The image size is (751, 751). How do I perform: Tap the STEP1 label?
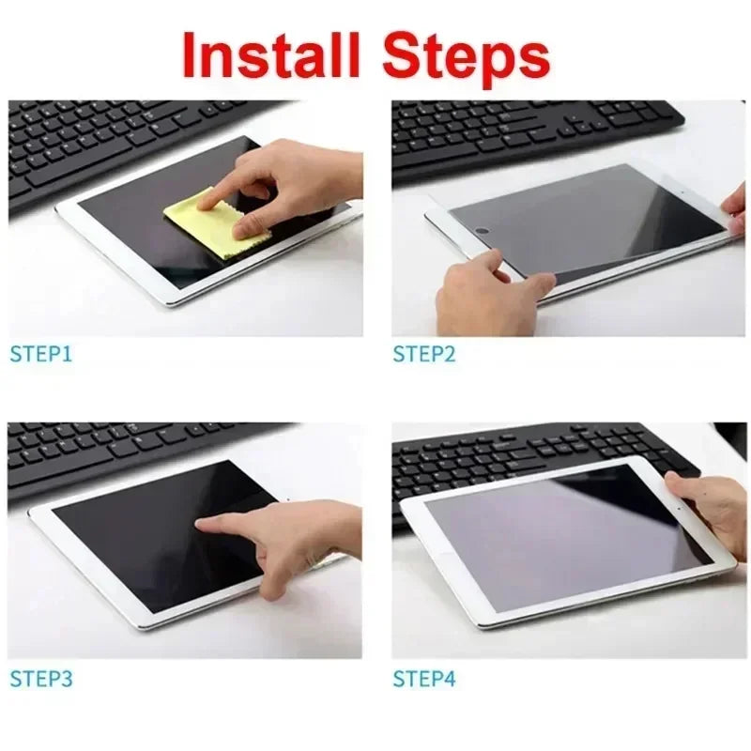40,354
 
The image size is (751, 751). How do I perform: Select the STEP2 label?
423,354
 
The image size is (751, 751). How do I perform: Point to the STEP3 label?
40,677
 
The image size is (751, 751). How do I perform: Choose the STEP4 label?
423,677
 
